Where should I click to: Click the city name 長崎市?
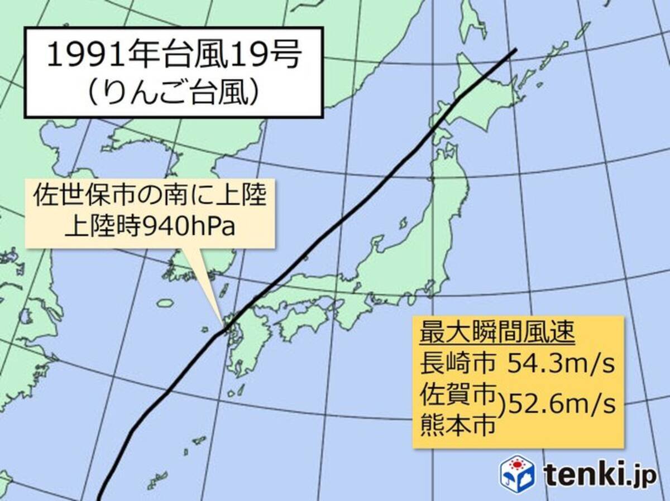click(x=458, y=365)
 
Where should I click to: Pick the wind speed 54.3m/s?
click(x=561, y=365)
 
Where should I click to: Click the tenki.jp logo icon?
click(x=517, y=473)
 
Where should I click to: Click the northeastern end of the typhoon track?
click(x=516, y=50)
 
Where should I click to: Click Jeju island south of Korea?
click(x=165, y=303)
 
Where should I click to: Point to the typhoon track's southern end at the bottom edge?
click(x=98, y=498)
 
